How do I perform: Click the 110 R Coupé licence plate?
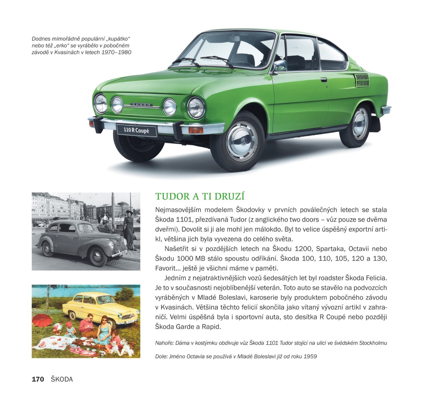(x=136, y=130)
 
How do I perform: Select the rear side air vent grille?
(x=362, y=80)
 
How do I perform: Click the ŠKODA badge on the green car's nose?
(x=141, y=105)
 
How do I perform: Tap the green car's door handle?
(x=323, y=80)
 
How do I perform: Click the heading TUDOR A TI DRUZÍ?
(x=200, y=196)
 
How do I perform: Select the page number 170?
(x=38, y=379)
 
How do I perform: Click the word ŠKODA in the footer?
(x=62, y=379)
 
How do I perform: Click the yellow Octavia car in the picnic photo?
(x=102, y=307)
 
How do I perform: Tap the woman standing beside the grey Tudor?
(x=129, y=229)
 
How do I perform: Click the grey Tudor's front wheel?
(x=98, y=257)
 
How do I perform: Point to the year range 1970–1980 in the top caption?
(x=116, y=52)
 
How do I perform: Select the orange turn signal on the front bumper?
(x=196, y=130)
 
